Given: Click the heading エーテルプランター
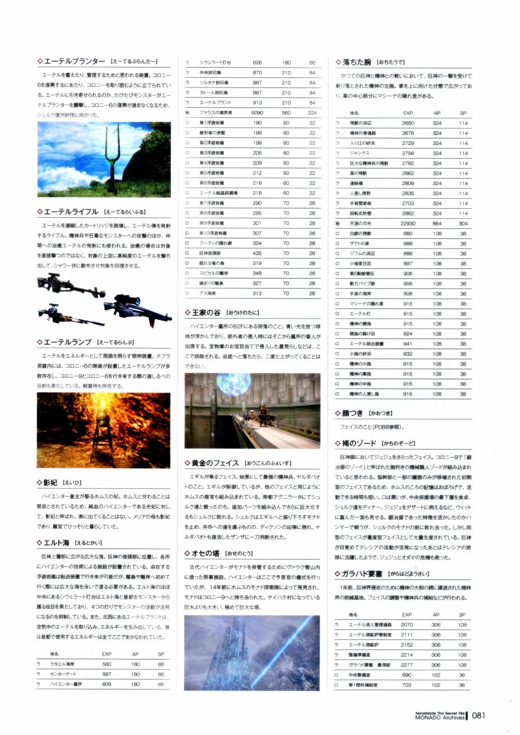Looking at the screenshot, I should [x=74, y=61].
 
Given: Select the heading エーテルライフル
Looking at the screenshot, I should [x=71, y=212].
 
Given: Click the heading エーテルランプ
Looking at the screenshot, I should [x=68, y=342].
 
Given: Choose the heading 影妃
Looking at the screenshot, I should [x=50, y=483].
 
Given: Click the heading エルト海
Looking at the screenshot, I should [x=56, y=542].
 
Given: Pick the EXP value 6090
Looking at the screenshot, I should [x=257, y=112].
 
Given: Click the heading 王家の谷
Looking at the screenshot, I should [x=206, y=313].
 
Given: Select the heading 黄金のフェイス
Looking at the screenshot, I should [x=215, y=463].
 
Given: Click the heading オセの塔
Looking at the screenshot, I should [x=205, y=553].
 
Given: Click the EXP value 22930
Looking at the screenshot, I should [x=408, y=223].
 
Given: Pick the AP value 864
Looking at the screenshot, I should [x=437, y=223].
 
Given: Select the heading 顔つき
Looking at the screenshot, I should [x=353, y=413].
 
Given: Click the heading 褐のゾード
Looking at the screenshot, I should [x=359, y=443].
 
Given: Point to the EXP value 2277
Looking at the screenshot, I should [x=407, y=665].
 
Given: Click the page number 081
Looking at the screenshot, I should [x=478, y=715].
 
